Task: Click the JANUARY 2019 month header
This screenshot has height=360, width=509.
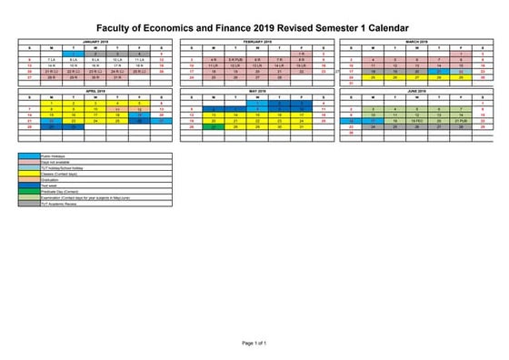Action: [x=95, y=42]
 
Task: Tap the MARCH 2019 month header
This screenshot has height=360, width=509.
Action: [x=418, y=42]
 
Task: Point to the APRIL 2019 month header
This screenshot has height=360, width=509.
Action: [x=95, y=92]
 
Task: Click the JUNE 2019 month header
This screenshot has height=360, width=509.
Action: [x=418, y=92]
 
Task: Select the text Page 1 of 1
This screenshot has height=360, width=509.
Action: [x=254, y=343]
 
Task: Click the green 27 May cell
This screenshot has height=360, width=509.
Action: [x=214, y=127]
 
